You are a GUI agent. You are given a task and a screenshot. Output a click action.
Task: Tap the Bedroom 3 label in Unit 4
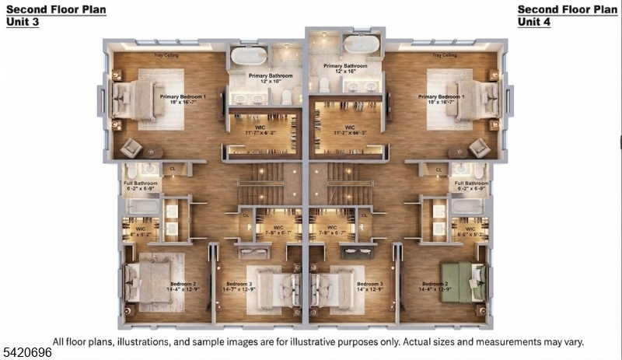pyautogui.click(x=370, y=285)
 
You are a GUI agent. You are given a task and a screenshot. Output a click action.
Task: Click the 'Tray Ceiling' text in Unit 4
pyautogui.click(x=445, y=56)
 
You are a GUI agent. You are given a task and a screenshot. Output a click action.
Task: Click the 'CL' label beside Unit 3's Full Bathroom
pyautogui.click(x=173, y=169)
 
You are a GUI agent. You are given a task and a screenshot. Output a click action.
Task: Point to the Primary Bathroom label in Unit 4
pyautogui.click(x=345, y=66)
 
